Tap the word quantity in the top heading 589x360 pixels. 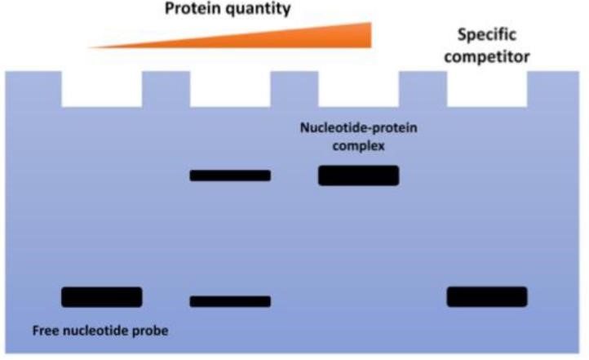pos(263,11)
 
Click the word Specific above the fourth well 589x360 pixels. pos(487,36)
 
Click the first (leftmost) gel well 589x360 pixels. pos(102,89)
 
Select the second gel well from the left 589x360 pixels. pos(230,89)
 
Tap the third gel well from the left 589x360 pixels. pos(358,89)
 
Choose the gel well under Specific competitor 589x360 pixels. pos(486,89)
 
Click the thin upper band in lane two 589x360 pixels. pos(230,176)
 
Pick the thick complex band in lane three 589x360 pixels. pos(358,176)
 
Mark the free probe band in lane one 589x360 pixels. pos(102,296)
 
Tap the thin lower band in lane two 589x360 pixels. pos(230,301)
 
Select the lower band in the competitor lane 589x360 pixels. pos(486,296)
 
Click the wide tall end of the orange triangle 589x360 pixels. pos(365,34)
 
